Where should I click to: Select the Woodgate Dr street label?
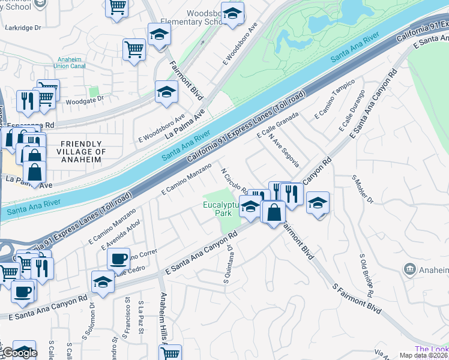click(x=84, y=99)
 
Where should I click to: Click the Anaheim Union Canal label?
click(x=73, y=65)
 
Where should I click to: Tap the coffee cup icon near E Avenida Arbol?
click(x=118, y=259)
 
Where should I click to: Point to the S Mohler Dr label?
click(x=363, y=190)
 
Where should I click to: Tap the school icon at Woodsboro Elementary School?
click(x=232, y=13)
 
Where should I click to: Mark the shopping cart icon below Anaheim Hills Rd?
click(x=170, y=354)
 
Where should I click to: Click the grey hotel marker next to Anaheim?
click(x=410, y=269)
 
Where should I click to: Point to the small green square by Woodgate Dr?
click(x=93, y=92)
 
